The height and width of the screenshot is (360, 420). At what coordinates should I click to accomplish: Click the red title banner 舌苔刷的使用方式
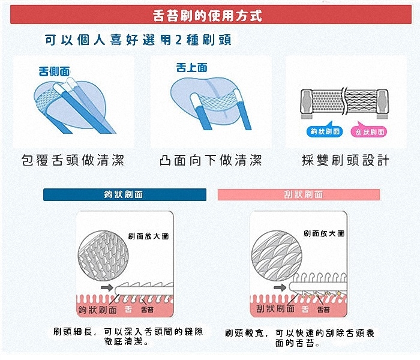pos(211,15)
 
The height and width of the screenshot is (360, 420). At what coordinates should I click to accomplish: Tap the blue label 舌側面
pos(54,71)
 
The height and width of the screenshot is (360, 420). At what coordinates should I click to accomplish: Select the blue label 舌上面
pos(192,67)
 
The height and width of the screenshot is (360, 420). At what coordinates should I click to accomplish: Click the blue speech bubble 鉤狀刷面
pos(325,131)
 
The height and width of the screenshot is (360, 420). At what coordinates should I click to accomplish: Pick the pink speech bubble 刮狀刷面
pos(369,131)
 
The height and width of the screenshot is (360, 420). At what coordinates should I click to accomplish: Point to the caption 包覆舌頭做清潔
pos(73,160)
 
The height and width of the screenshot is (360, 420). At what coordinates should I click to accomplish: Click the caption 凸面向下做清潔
pos(211,160)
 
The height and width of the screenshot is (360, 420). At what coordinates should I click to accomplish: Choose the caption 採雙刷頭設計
pos(346,160)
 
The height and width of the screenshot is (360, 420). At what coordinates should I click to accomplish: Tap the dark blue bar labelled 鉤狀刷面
pos(125,194)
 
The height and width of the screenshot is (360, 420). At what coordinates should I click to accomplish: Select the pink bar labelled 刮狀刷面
pos(299,194)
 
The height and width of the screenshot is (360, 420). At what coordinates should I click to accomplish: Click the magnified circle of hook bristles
pos(103,256)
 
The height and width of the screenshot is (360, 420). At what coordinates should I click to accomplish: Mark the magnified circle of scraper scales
pos(277,256)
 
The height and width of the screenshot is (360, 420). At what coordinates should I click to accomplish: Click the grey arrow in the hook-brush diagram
pos(107,287)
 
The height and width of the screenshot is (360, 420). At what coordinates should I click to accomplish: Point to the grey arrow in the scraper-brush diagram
pos(280,287)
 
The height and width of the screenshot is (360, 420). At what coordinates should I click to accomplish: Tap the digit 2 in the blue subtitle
pos(179,40)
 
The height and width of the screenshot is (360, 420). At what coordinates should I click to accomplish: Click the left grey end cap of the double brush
pos(307,103)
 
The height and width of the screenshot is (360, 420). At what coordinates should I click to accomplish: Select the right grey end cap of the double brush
pos(382,103)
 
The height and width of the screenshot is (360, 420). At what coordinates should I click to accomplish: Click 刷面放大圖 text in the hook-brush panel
pos(148,236)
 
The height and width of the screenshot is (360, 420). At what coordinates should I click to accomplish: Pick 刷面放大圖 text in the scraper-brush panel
pos(324,233)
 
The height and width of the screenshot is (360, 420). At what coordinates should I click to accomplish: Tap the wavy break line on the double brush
pos(344,101)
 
